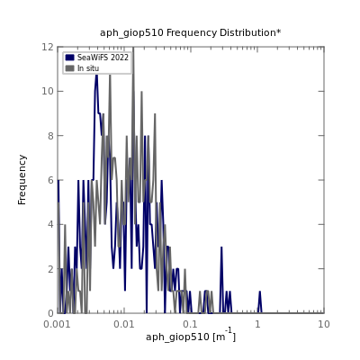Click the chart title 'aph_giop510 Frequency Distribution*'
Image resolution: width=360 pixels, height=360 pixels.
click(x=191, y=32)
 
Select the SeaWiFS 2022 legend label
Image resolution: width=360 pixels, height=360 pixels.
click(x=103, y=58)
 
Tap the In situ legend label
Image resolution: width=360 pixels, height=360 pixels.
click(x=88, y=68)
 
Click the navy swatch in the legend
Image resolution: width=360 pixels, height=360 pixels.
click(x=69, y=58)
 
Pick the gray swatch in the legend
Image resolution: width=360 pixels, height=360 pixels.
click(x=69, y=68)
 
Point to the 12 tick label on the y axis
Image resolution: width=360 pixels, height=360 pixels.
click(x=48, y=47)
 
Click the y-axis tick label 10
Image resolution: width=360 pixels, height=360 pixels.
click(x=48, y=91)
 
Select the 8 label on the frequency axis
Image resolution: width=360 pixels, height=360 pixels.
click(x=50, y=136)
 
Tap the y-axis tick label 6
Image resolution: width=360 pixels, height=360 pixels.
click(x=50, y=180)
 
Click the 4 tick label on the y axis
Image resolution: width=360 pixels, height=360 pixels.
click(x=50, y=224)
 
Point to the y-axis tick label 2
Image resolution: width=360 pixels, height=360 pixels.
click(x=50, y=269)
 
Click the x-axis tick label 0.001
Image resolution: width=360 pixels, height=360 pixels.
click(x=57, y=324)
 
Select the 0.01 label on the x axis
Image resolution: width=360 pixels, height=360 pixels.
click(x=124, y=324)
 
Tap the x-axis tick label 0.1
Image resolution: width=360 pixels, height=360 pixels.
click(x=191, y=324)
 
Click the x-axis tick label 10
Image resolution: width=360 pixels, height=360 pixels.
click(x=324, y=324)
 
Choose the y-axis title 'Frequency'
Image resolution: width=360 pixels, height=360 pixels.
click(x=22, y=180)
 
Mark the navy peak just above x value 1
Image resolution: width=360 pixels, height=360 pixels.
click(x=260, y=292)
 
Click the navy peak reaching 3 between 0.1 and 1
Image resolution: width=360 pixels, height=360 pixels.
click(x=221, y=247)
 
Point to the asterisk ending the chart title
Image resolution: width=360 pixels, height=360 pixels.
click(x=279, y=31)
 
